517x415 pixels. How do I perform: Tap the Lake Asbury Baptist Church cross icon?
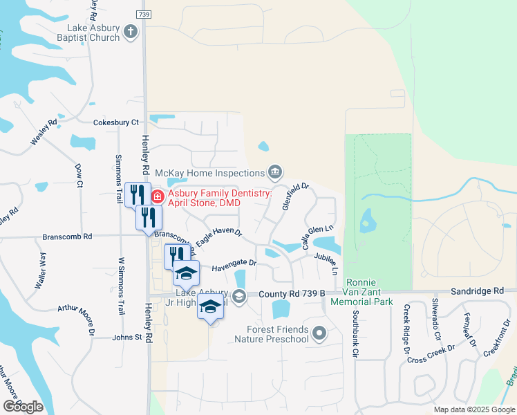131,31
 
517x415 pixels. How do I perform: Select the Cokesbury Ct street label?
116,122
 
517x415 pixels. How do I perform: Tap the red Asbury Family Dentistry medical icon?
157,197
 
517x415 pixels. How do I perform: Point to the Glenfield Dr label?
295,197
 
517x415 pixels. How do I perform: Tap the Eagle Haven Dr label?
218,237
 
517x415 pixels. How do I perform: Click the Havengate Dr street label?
234,264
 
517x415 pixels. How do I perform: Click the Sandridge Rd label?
478,293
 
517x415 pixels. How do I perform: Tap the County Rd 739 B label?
292,294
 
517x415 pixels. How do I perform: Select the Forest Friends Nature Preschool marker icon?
319,334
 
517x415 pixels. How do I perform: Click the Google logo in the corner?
23,407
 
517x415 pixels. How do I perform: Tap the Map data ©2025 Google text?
473,409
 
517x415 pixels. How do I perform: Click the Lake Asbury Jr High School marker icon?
239,297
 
